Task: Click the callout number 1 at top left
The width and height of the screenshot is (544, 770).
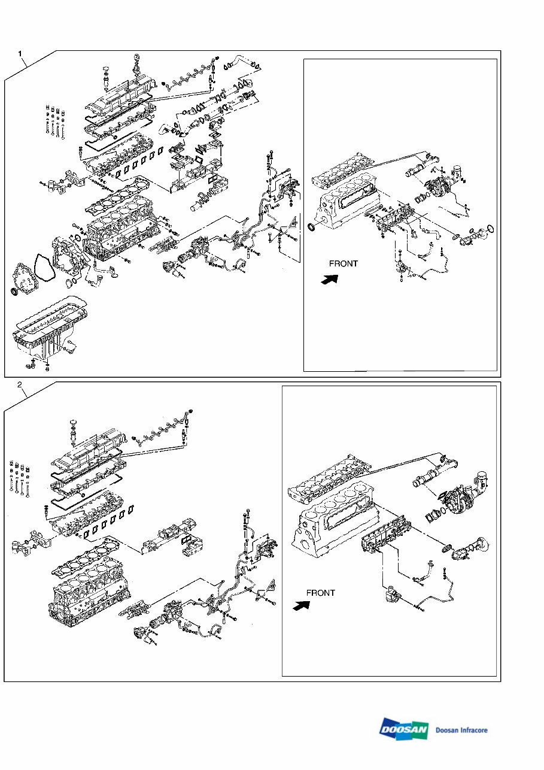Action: click(21, 54)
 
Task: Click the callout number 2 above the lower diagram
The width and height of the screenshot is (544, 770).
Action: click(21, 384)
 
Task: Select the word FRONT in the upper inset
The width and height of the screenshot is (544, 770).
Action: click(344, 263)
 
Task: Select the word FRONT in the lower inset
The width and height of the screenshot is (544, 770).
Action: click(320, 593)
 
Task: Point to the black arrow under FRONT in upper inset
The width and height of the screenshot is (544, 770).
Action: click(330, 279)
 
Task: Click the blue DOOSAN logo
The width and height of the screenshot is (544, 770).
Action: click(404, 729)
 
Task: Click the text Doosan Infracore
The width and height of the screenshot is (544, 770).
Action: click(461, 730)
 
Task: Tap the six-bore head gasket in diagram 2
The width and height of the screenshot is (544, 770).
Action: click(90, 563)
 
